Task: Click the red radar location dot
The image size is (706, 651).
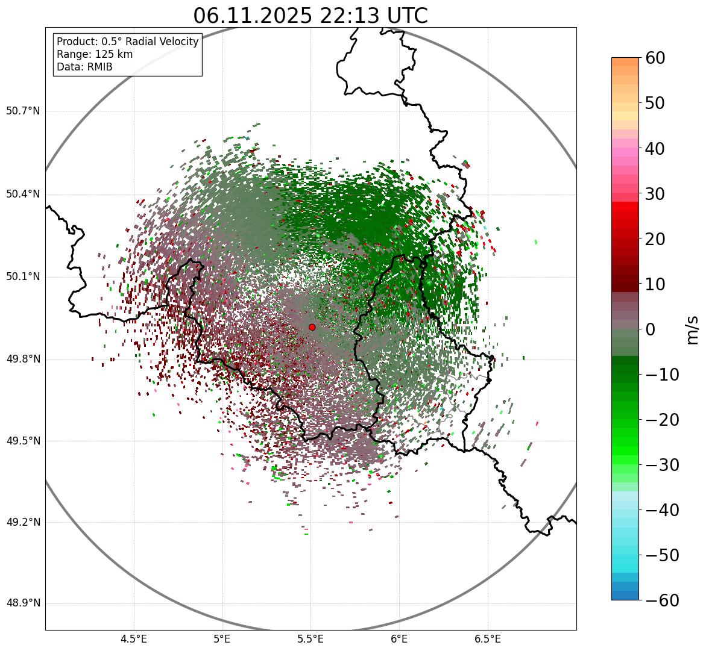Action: click(x=312, y=327)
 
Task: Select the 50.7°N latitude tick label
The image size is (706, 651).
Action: click(x=23, y=111)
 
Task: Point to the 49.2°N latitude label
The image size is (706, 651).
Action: click(x=23, y=522)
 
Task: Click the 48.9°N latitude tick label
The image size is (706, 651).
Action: click(x=23, y=603)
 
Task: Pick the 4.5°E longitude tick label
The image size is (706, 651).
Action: click(x=134, y=638)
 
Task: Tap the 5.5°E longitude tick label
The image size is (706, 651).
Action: click(x=310, y=638)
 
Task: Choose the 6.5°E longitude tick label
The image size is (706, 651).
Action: click(x=487, y=638)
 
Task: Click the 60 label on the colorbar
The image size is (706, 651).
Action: click(x=656, y=58)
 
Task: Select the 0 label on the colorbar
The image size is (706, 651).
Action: click(x=651, y=329)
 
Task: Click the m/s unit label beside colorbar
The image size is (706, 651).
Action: click(x=692, y=329)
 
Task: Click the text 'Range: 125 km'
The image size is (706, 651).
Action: click(x=95, y=54)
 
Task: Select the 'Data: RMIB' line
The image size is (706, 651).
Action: click(x=84, y=67)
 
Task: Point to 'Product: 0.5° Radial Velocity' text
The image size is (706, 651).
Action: click(x=127, y=42)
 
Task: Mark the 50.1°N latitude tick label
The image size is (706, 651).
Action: click(x=23, y=277)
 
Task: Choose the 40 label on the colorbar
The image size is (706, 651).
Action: click(x=656, y=148)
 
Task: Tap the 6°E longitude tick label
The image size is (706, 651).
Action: click(x=399, y=638)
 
